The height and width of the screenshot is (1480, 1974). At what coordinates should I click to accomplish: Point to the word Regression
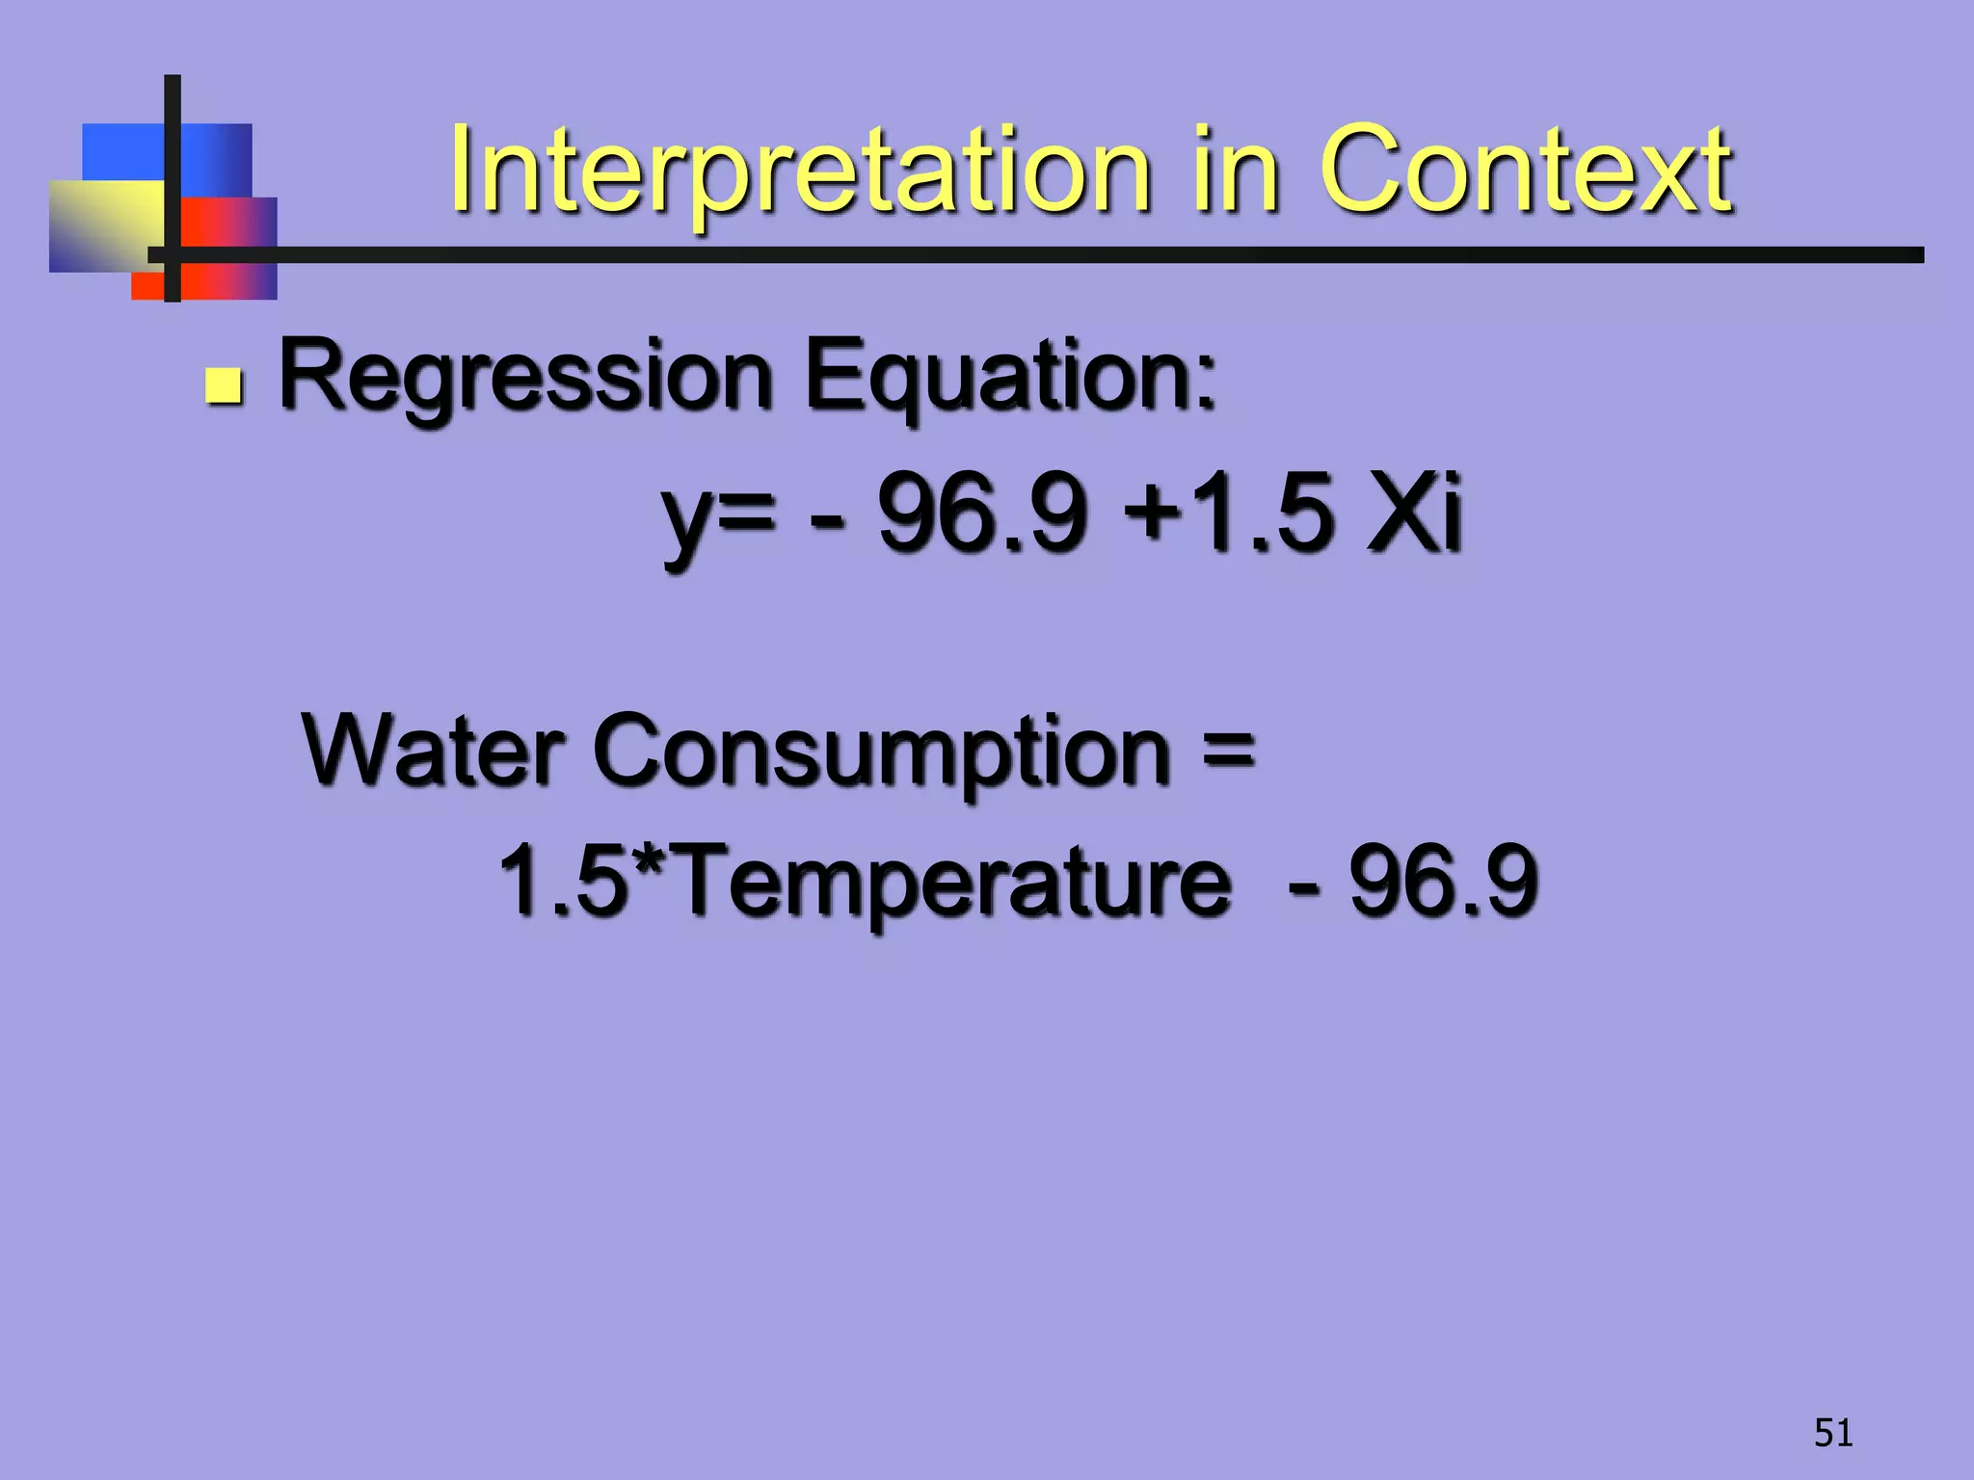coord(526,378)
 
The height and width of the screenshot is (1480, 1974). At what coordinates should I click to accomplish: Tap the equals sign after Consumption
coord(1229,750)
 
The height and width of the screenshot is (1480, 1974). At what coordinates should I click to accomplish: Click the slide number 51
coord(1833,1433)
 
